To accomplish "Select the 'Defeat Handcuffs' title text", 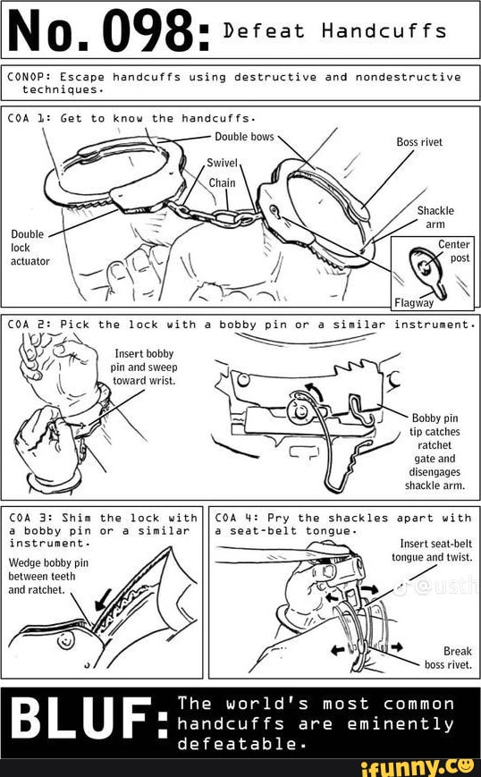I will coord(333,31).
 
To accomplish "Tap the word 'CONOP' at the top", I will coord(27,77).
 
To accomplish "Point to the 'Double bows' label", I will coord(244,137).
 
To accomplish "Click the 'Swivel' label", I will coord(223,163).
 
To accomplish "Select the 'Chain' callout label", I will coord(222,182).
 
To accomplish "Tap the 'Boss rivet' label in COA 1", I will coord(418,141).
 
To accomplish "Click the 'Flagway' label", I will coord(413,301).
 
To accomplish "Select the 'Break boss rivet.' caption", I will coord(448,657).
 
